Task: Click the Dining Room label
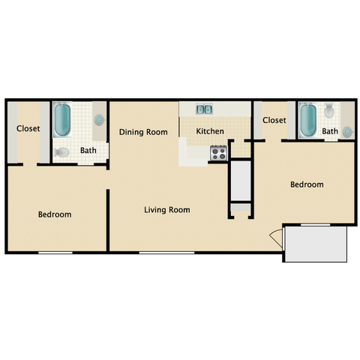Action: tap(143, 132)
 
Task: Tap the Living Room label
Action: tap(167, 210)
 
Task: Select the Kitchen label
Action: tap(210, 131)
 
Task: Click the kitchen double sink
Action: tap(204, 109)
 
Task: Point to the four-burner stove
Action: tap(219, 153)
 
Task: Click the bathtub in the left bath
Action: tap(62, 120)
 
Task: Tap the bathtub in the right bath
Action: tap(308, 120)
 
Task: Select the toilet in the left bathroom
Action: tap(61, 152)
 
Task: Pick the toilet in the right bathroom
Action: tap(329, 110)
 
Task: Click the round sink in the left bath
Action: tap(99, 120)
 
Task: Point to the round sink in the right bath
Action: tap(347, 132)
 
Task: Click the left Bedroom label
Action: tap(55, 214)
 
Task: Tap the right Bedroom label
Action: tap(307, 184)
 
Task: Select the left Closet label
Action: tap(28, 128)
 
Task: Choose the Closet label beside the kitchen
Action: tap(274, 120)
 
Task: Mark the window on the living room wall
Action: tap(166, 253)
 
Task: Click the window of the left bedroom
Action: tap(55, 253)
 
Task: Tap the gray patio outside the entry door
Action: tap(316, 244)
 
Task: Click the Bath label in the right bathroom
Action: tap(330, 131)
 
